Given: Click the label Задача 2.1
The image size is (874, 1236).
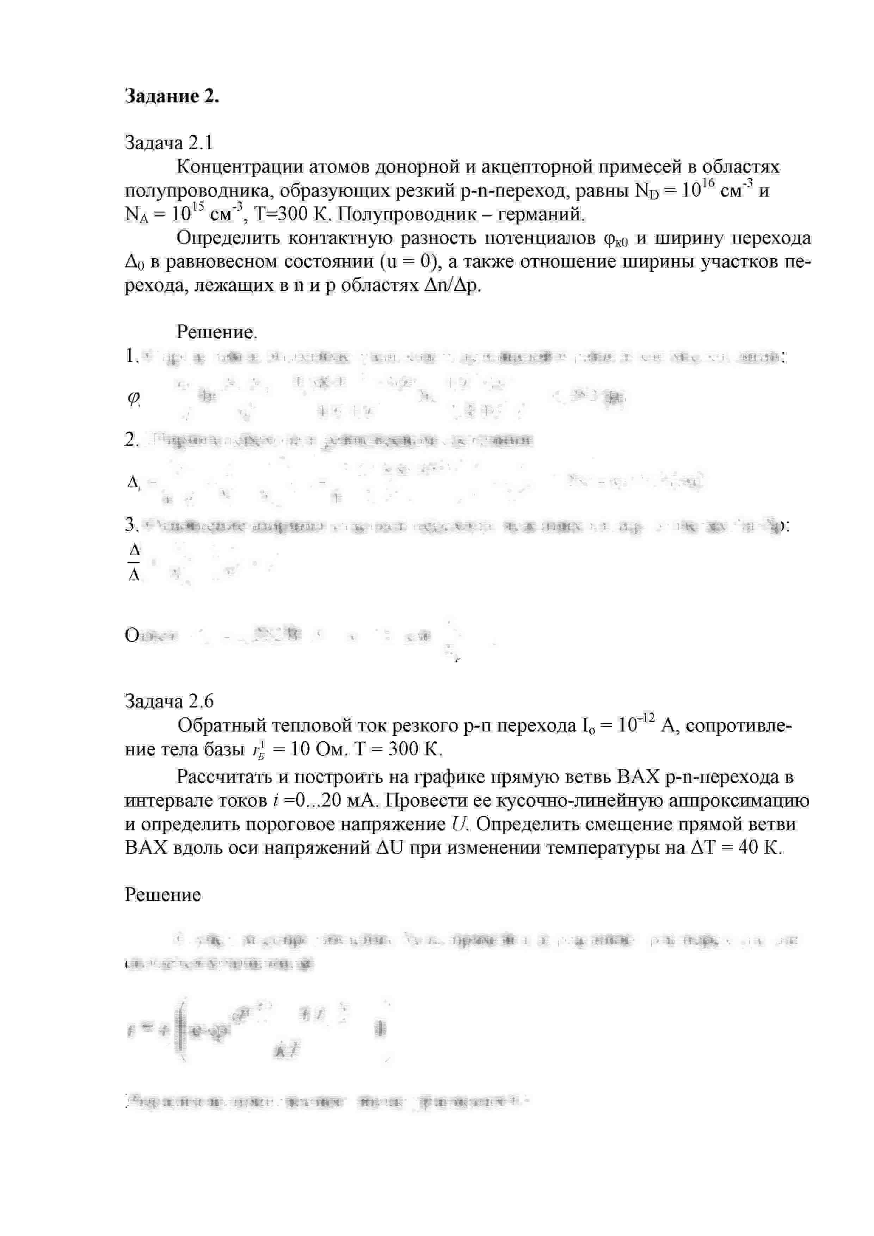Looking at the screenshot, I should [x=168, y=143].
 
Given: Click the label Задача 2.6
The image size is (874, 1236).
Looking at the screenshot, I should [x=168, y=701].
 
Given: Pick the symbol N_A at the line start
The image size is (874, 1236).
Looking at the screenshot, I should [x=136, y=215].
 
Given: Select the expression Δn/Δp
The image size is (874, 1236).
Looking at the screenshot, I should [x=451, y=285].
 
